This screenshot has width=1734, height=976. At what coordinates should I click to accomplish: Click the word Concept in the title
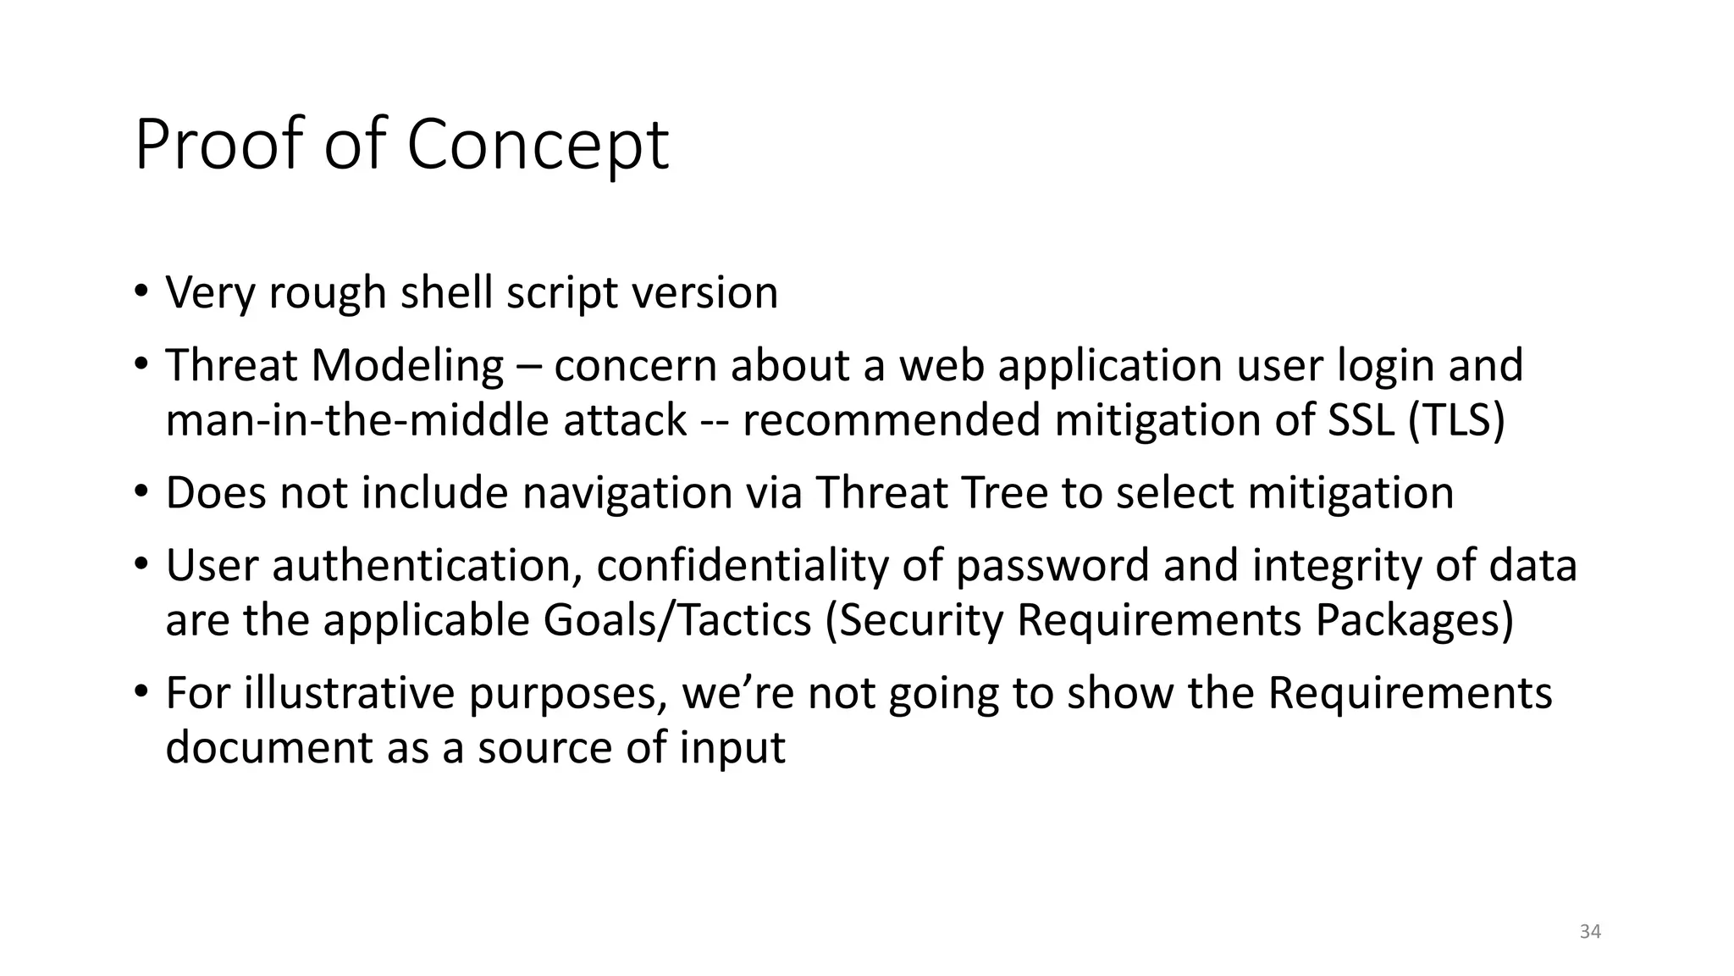(x=538, y=146)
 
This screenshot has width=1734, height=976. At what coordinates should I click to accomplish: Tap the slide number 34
(x=1590, y=932)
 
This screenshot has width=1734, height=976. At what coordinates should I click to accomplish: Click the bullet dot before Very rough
(x=141, y=291)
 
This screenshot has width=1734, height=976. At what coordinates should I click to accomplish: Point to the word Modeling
(x=407, y=366)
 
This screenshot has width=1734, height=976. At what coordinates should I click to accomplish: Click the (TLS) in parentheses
(x=1457, y=420)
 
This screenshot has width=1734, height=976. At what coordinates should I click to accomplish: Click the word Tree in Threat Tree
(x=1011, y=492)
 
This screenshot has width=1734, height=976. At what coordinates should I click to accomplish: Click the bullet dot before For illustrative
(x=141, y=690)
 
